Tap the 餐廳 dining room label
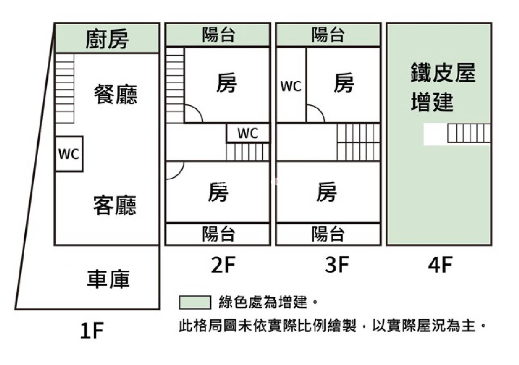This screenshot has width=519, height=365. [115, 94]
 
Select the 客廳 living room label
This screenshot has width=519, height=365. [115, 205]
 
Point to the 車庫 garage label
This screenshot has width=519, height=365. [108, 279]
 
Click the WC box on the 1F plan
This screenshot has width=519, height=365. [69, 154]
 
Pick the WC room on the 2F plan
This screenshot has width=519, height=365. [248, 133]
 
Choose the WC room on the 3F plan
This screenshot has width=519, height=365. [291, 86]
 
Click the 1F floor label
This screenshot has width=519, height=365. [91, 331]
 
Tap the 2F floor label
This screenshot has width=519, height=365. [223, 265]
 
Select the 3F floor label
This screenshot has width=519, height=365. [337, 265]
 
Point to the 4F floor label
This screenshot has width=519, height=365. [440, 265]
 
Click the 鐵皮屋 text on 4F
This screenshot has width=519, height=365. [443, 72]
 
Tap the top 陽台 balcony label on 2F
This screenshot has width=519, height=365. [218, 35]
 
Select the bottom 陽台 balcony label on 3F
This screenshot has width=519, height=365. [328, 234]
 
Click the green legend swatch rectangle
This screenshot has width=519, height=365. [195, 302]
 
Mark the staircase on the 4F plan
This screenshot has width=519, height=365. [469, 133]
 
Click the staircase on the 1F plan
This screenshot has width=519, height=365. [65, 88]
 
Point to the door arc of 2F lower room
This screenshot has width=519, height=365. [175, 170]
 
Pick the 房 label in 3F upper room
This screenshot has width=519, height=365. [344, 83]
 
